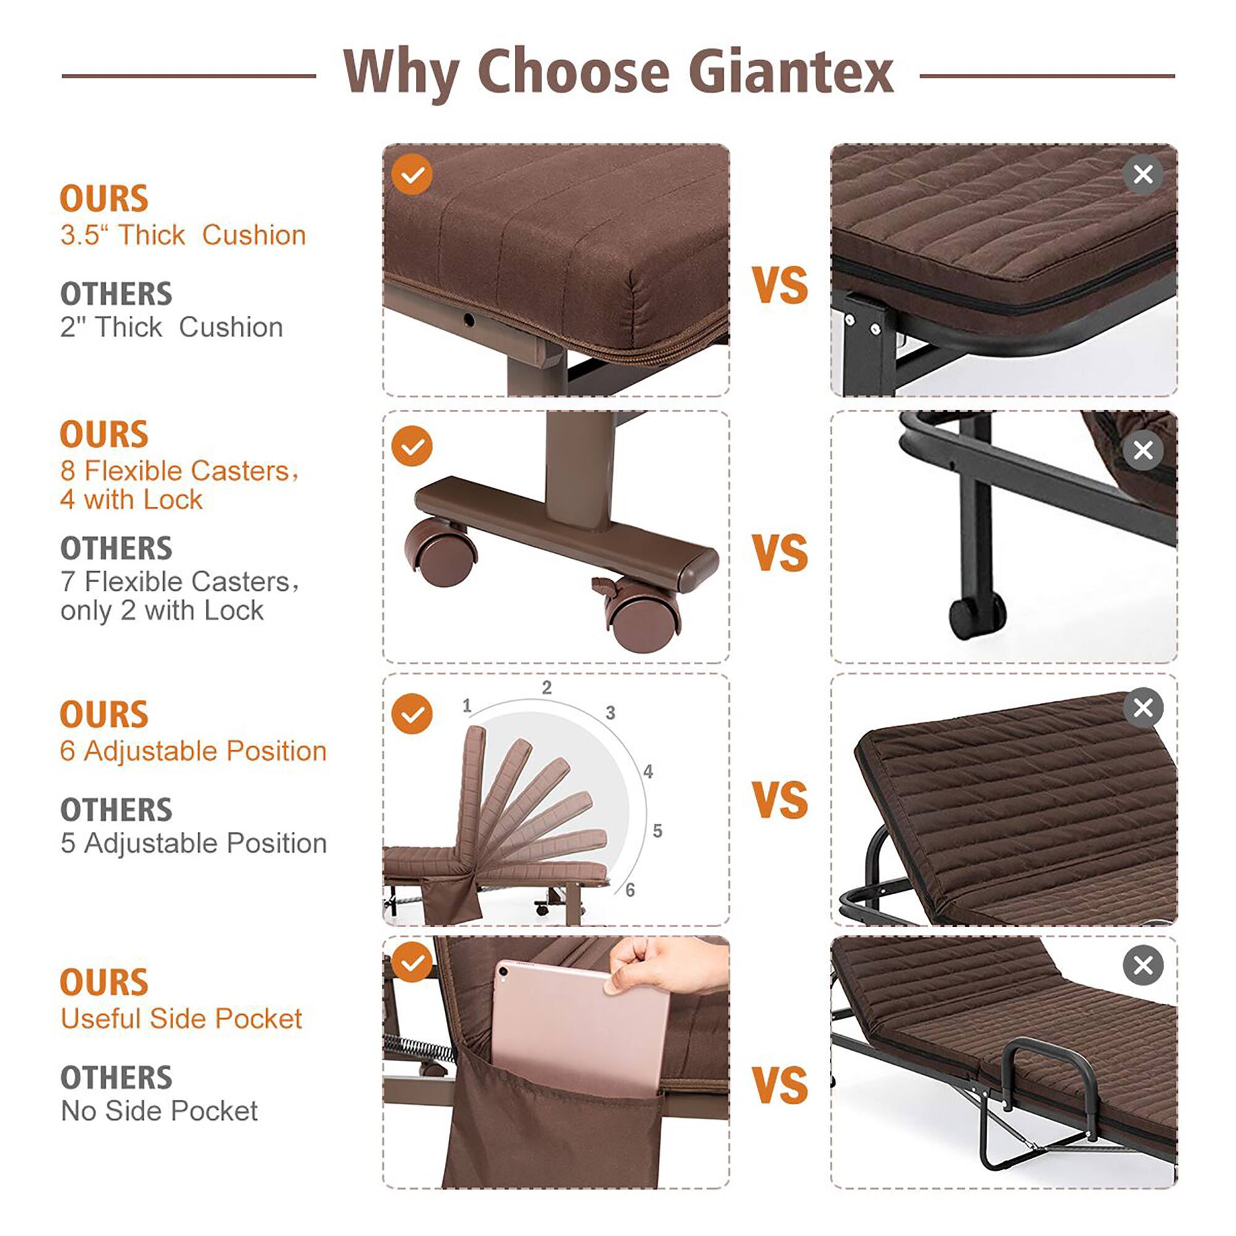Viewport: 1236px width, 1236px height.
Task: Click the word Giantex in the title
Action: tap(792, 72)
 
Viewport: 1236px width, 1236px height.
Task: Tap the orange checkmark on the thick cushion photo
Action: tap(412, 174)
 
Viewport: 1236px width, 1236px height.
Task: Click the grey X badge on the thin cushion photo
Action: tap(1143, 174)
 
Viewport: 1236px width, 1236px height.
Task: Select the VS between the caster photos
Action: tap(780, 552)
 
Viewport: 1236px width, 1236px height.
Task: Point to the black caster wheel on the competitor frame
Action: tap(977, 616)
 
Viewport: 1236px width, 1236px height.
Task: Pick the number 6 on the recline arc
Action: tap(630, 890)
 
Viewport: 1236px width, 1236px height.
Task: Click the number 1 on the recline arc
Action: tap(467, 706)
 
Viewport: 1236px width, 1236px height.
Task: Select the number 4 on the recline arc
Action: tap(648, 771)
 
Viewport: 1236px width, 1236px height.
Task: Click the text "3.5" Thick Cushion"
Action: tap(183, 235)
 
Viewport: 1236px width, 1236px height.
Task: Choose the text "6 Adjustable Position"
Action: tap(193, 751)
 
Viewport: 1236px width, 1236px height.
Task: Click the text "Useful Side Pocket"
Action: tap(181, 1018)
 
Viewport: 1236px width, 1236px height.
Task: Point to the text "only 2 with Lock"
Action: tap(162, 611)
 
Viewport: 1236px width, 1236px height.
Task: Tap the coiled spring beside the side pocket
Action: tap(418, 1048)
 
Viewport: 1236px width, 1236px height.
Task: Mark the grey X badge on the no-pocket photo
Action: tap(1143, 965)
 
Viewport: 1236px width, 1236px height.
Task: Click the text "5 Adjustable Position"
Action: tap(193, 843)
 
